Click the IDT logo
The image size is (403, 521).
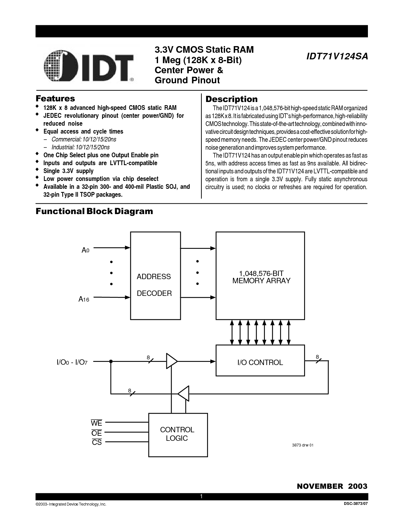(89, 66)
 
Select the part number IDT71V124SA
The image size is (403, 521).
(337, 57)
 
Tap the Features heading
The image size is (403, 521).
(55, 99)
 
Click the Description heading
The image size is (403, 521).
(231, 99)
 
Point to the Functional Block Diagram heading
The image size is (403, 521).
(94, 211)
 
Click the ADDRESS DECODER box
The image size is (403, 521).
(155, 275)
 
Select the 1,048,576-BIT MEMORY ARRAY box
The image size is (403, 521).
(260, 275)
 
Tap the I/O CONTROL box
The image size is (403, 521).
(260, 360)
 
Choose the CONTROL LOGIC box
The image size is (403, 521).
(178, 435)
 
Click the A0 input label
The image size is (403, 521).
(85, 250)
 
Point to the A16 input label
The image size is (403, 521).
(84, 299)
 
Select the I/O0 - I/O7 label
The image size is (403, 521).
(72, 362)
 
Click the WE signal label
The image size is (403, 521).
(96, 423)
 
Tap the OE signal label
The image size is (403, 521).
(96, 433)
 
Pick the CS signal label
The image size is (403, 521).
(97, 442)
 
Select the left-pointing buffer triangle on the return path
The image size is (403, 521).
(183, 393)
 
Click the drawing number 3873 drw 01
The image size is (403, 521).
(303, 445)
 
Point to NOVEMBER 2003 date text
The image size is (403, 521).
(332, 486)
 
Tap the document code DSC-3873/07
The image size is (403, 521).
(356, 504)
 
